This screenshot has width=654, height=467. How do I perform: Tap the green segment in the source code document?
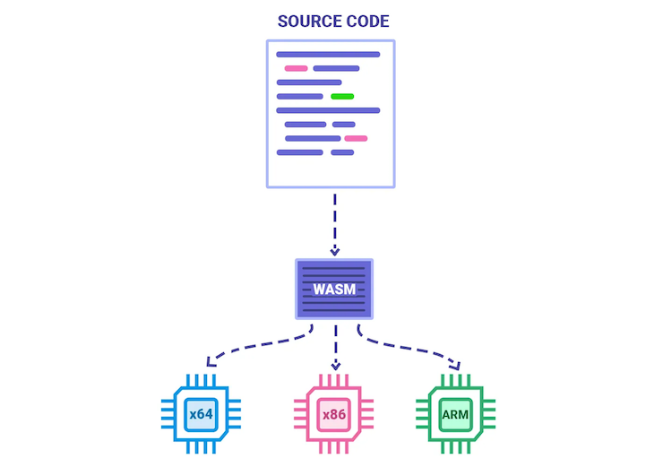342,96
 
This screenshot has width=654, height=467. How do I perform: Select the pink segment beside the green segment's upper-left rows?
296,68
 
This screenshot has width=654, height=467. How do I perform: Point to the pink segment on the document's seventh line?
356,138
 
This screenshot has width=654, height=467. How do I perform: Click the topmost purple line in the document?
328,55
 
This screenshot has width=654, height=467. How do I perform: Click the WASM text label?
334,290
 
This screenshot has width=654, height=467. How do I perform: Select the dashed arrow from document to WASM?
334,220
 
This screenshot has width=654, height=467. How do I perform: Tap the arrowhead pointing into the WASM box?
334,251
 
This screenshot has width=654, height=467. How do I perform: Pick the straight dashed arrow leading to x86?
335,345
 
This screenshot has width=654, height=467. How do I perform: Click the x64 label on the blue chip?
200,415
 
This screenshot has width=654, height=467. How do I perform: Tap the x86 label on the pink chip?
333,415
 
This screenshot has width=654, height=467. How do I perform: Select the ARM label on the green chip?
455,415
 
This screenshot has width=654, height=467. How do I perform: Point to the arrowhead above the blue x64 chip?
210,363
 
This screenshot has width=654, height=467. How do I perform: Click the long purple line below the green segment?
328,110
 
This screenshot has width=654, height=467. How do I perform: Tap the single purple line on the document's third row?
309,82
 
